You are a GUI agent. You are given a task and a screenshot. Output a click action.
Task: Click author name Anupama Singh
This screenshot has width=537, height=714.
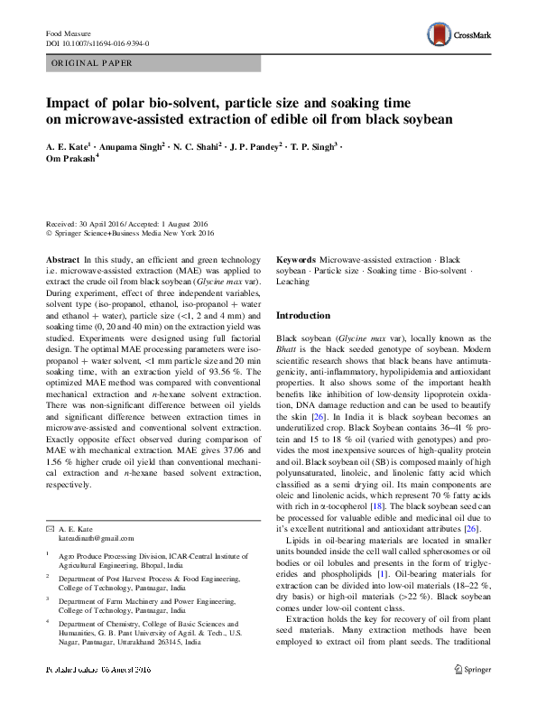click(x=134, y=144)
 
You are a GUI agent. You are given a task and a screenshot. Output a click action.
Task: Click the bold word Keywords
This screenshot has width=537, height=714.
click(x=295, y=259)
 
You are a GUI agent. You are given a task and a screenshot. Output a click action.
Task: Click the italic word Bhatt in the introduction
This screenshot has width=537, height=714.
click(x=289, y=348)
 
